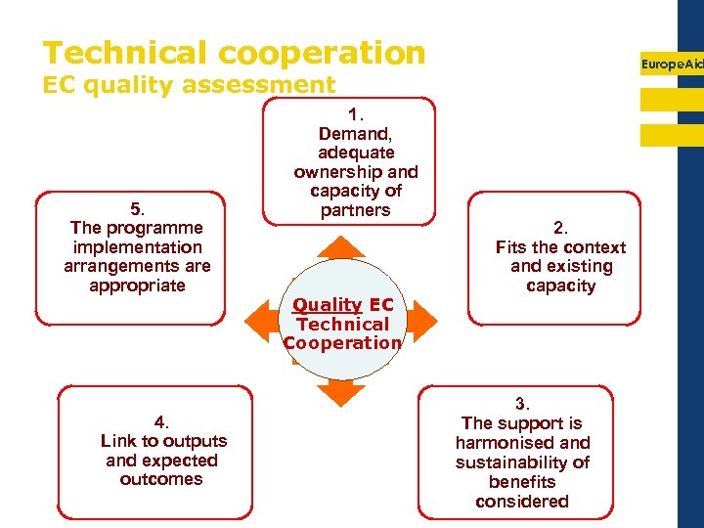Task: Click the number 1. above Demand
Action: (x=355, y=114)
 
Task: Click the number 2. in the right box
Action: (x=560, y=228)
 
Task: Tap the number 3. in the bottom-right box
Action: (x=522, y=404)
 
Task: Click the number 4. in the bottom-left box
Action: (x=161, y=421)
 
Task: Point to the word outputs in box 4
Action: (x=195, y=441)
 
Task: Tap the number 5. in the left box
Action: (x=137, y=208)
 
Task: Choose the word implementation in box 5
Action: (x=137, y=247)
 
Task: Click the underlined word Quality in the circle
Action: (x=327, y=305)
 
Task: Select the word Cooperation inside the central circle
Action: (x=342, y=343)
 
